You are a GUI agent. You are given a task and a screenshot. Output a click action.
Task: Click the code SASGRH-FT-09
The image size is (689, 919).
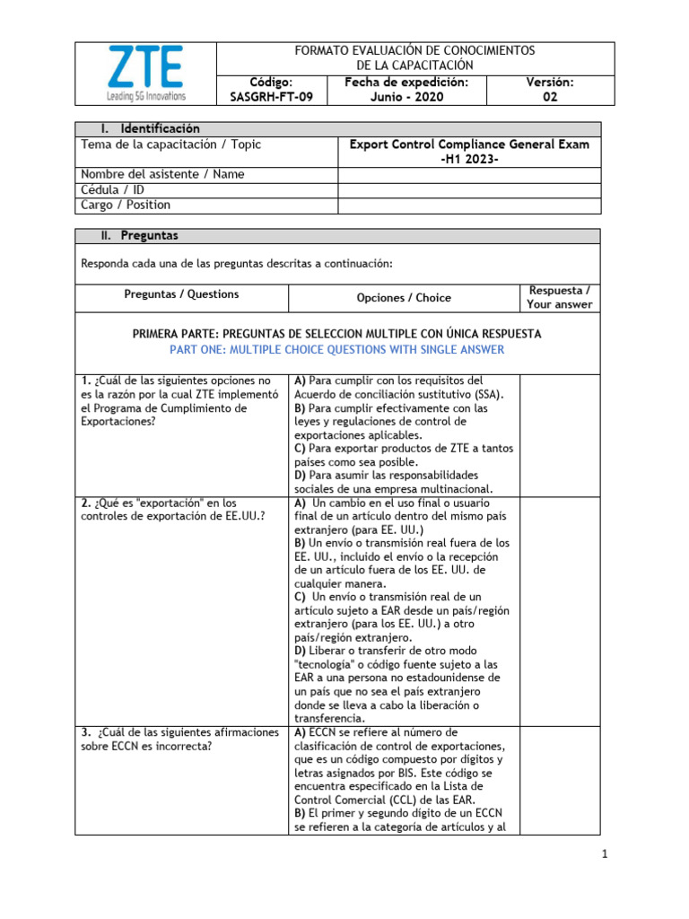click(x=272, y=97)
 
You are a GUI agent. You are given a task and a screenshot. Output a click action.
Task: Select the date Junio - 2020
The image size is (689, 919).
click(x=407, y=97)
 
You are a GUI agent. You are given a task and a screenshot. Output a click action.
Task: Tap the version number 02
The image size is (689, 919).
click(x=549, y=97)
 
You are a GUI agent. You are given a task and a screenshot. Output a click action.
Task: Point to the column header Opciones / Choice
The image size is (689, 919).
click(x=404, y=298)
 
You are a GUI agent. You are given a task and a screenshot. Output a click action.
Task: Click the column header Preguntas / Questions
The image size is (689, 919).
click(x=181, y=294)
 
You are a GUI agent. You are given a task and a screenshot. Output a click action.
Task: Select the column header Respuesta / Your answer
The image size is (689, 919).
click(x=560, y=298)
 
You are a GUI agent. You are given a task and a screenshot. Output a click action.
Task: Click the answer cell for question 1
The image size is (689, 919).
click(x=560, y=434)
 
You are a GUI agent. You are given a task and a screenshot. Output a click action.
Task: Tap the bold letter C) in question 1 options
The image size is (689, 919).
click(x=300, y=448)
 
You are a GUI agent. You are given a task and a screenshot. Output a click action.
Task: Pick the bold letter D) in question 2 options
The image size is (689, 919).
click(x=300, y=650)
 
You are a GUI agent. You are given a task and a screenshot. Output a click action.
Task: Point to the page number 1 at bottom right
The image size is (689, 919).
click(x=606, y=854)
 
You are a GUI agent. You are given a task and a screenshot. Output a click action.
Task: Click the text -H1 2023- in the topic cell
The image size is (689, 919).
click(x=469, y=159)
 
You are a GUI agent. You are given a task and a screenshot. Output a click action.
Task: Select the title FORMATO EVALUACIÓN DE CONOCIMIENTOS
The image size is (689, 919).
click(x=415, y=51)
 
